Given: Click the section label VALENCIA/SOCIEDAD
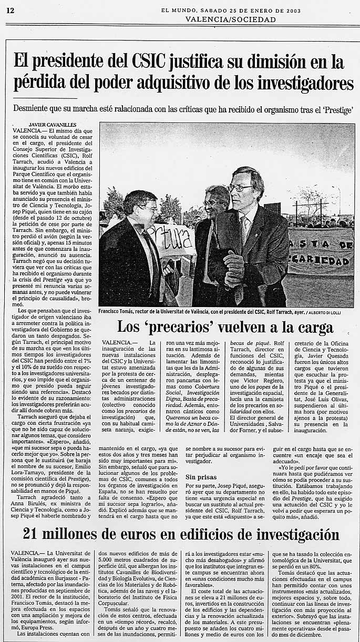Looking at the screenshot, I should tap(230, 19).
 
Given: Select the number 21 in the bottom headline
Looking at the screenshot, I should tap(32, 535).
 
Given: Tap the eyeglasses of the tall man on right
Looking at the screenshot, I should tap(240, 188).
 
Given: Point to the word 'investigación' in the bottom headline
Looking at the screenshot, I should tap(286, 535).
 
